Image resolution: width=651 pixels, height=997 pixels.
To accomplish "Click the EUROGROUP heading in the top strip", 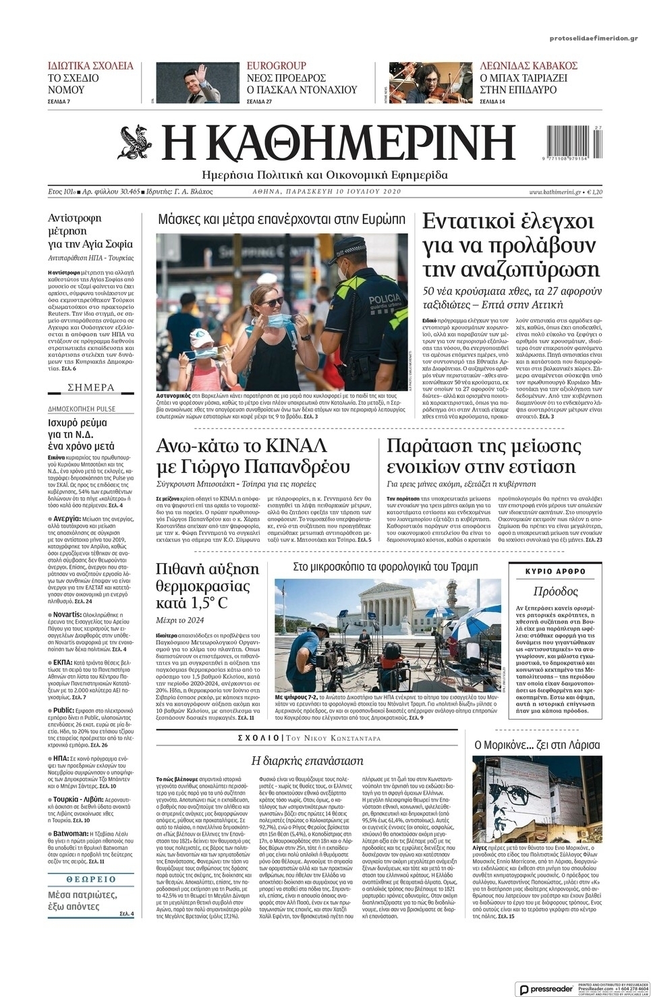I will click(276, 65).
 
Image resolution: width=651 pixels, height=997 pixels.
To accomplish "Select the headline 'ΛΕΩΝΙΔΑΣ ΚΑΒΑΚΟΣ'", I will click(528, 65).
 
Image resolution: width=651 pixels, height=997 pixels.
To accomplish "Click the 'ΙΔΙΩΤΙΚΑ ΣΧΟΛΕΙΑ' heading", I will click(90, 65).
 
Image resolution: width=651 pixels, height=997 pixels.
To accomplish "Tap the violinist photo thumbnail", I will click(430, 83).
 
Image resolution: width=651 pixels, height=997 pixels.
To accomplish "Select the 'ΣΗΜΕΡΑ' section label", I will click(91, 387).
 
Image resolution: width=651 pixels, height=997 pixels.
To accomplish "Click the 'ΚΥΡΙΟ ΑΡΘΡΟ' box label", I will click(555, 571).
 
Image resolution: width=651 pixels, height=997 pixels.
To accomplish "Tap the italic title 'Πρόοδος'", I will click(555, 592).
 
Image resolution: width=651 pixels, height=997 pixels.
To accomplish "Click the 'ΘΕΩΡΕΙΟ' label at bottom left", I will click(91, 880).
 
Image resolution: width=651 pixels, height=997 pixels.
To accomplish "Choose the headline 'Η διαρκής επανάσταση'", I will click(307, 760).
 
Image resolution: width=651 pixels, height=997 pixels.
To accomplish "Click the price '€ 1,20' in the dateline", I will click(594, 192).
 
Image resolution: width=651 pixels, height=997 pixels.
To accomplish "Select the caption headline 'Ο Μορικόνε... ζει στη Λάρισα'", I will click(537, 745).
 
